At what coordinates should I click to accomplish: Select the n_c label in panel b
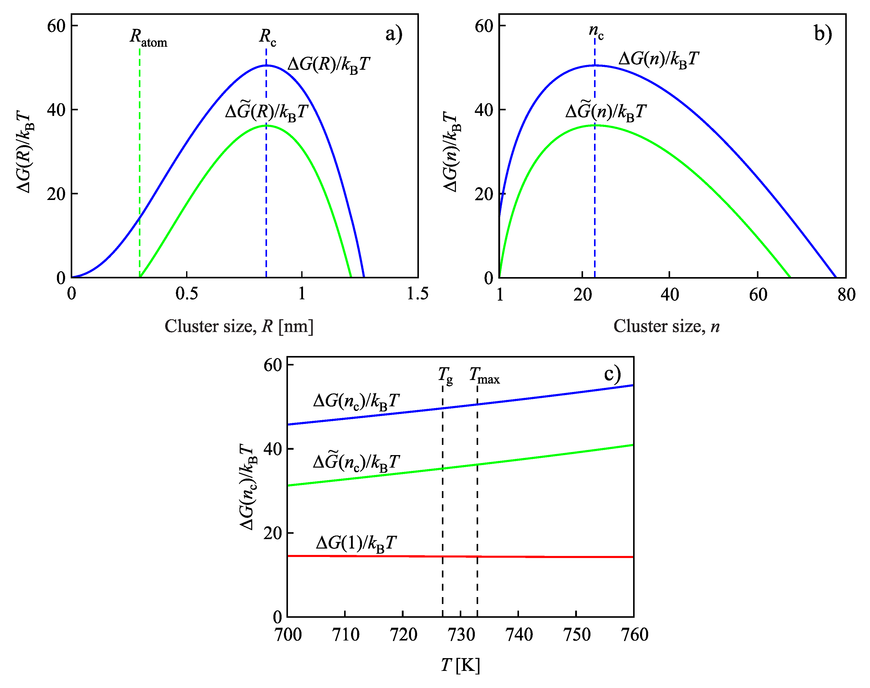596,32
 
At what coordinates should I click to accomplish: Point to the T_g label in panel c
445,376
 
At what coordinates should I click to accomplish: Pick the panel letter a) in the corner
394,34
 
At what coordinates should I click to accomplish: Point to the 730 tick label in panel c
461,635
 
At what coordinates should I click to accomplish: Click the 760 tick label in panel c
634,635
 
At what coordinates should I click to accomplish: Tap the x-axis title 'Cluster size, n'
666,326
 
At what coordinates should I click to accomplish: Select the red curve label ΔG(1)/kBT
356,543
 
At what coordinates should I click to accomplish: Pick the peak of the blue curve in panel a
266,65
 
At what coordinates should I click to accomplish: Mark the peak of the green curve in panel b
595,125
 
